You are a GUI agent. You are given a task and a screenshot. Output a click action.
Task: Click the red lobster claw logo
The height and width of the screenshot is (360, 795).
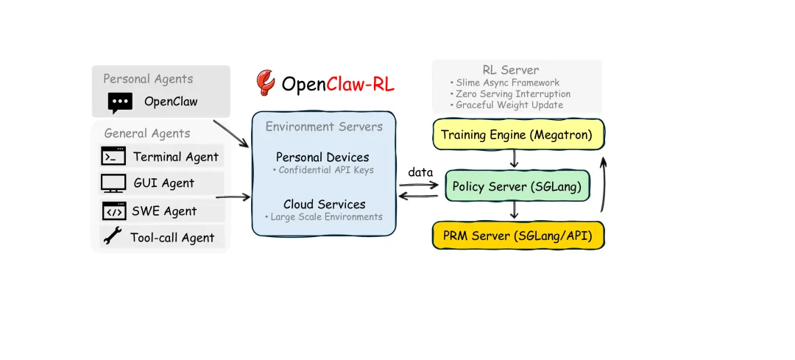pyautogui.click(x=265, y=82)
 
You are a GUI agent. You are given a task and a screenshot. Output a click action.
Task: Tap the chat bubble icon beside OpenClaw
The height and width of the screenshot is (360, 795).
pyautogui.click(x=120, y=102)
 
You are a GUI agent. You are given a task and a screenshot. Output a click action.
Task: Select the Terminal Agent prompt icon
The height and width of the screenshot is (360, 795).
pyautogui.click(x=113, y=156)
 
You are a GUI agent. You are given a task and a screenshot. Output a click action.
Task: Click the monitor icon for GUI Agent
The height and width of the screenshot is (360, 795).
pyautogui.click(x=113, y=183)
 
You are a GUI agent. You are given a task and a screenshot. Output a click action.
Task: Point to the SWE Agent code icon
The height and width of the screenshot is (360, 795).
pyautogui.click(x=113, y=211)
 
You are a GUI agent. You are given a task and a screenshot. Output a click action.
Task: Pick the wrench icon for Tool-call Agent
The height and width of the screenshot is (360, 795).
pyautogui.click(x=113, y=237)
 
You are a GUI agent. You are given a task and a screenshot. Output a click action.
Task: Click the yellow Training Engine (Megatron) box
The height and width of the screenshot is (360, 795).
pyautogui.click(x=518, y=135)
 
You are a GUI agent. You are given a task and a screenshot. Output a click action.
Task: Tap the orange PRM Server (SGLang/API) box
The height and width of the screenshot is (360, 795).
pyautogui.click(x=518, y=236)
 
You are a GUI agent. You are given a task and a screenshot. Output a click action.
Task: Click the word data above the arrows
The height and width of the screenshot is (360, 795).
pyautogui.click(x=420, y=172)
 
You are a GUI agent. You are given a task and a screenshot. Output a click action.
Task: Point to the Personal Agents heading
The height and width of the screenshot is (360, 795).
pyautogui.click(x=148, y=79)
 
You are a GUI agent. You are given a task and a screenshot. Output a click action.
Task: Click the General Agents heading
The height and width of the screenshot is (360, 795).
pyautogui.click(x=147, y=133)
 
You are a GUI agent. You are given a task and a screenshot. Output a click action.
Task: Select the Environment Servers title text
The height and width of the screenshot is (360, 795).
pyautogui.click(x=324, y=127)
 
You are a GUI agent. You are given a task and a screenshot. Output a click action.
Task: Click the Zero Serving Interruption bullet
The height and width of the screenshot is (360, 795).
pyautogui.click(x=510, y=94)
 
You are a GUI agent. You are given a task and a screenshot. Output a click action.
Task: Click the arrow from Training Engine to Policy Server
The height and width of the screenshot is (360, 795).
pyautogui.click(x=515, y=159)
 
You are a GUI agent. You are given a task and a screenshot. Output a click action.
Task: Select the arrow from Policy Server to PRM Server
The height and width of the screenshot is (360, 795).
pyautogui.click(x=515, y=211)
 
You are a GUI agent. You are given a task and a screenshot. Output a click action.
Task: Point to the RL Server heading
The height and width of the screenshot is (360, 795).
pyautogui.click(x=511, y=70)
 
